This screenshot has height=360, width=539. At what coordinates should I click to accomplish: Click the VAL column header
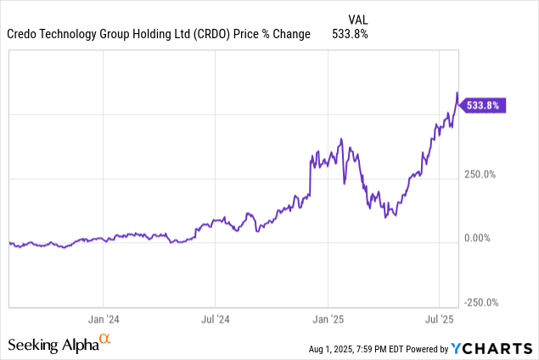[x=359, y=19]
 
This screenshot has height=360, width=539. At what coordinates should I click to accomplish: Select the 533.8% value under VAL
[x=352, y=34]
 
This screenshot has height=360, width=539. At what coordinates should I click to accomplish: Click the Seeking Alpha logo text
[x=53, y=345]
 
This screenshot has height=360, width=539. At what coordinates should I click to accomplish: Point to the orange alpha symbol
[x=105, y=340]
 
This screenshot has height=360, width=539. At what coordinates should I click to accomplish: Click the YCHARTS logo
[x=493, y=347]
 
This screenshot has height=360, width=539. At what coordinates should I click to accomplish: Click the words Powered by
[x=432, y=349]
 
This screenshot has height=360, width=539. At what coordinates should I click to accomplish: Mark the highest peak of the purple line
[x=458, y=93]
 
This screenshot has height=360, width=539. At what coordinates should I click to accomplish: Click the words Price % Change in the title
[x=272, y=34]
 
